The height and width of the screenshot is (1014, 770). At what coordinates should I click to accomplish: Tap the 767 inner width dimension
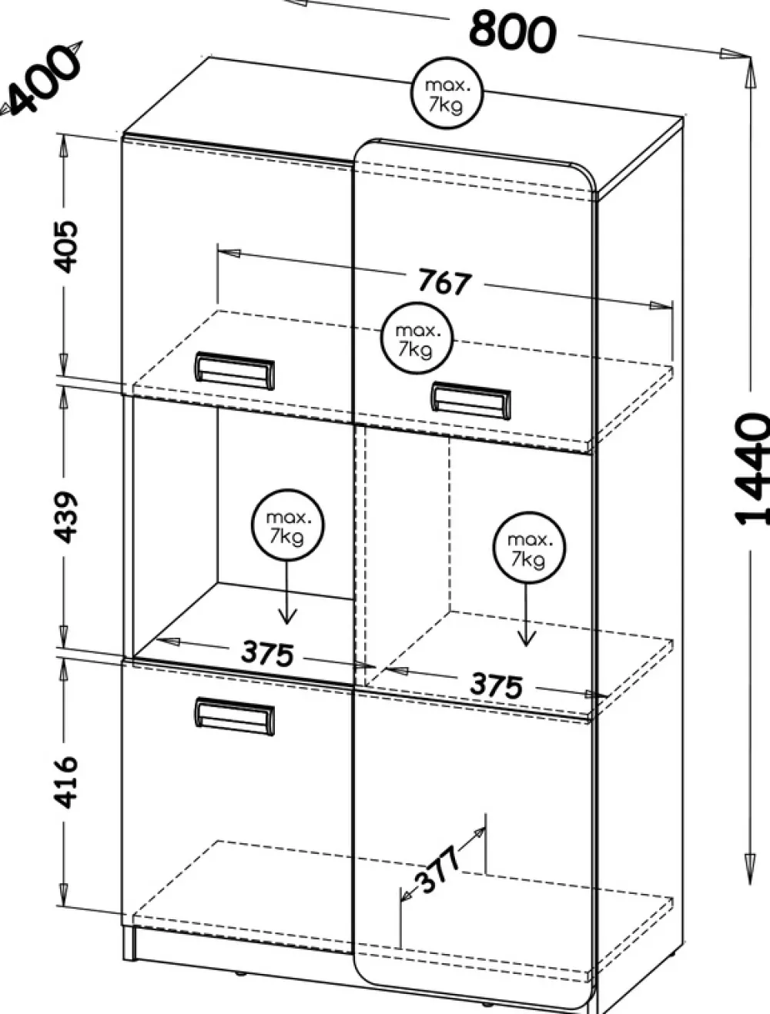click(x=444, y=282)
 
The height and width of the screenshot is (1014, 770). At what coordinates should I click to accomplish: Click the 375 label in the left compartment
click(x=266, y=653)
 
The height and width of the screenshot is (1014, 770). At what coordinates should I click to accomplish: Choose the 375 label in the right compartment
click(x=497, y=685)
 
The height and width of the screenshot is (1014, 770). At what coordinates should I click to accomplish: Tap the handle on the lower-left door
click(x=233, y=715)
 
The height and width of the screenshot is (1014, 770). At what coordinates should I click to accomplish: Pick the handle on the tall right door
click(x=470, y=400)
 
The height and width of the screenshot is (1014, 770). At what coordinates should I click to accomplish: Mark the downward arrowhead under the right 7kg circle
click(x=527, y=638)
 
